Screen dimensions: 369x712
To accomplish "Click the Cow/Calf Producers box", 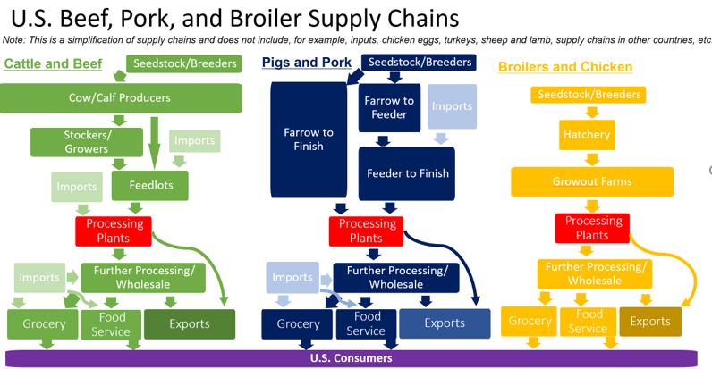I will coord(121,97).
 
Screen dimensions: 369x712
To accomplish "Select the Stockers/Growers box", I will coord(87,141).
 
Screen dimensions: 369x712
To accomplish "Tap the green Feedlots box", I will coord(149,186).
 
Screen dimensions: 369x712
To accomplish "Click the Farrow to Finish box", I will coord(309,139).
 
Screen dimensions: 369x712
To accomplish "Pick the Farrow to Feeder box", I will coord(389,107).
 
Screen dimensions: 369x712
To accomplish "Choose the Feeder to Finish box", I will coord(407,172).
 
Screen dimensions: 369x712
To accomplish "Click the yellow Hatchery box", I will coord(587,135).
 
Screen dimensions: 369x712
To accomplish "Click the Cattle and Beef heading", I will coord(53,63).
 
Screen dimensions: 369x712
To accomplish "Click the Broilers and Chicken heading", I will coord(565,67).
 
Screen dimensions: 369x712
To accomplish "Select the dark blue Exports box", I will coord(445,323).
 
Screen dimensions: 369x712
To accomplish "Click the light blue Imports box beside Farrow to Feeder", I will coord(451,106).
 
